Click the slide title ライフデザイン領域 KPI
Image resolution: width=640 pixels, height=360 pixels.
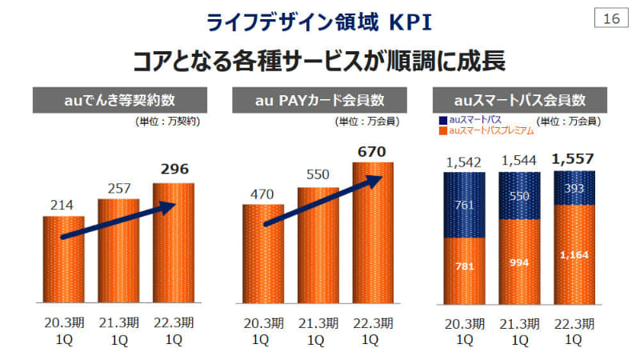(319, 22)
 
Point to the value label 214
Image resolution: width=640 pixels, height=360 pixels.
(63, 205)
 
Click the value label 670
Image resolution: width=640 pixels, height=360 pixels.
(373, 151)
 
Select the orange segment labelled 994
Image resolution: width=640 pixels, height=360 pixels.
(518, 262)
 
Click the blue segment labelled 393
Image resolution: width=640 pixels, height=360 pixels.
(574, 189)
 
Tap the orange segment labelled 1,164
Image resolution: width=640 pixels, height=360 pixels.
(574, 254)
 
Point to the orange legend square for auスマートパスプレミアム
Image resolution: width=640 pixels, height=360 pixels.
(444, 129)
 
